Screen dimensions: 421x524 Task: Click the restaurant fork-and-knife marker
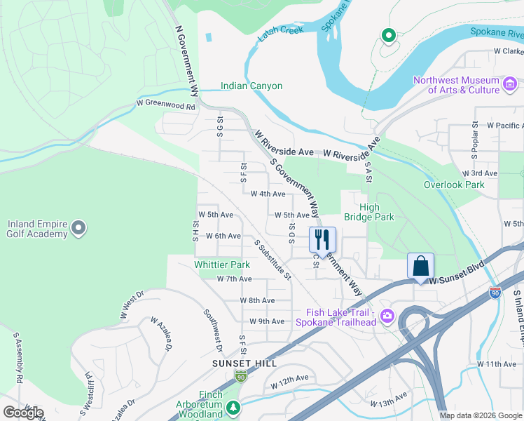click(x=322, y=239)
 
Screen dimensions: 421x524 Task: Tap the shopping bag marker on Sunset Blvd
click(x=420, y=266)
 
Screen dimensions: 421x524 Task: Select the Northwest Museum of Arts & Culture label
click(x=456, y=85)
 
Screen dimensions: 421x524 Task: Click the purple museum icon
click(x=510, y=86)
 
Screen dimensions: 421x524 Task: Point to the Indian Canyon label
click(x=251, y=86)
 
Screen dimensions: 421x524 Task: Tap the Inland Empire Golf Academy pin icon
click(x=78, y=227)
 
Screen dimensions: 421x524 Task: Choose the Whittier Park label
click(x=222, y=265)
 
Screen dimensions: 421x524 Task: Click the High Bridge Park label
click(x=369, y=212)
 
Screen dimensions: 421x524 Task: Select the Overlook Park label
click(x=454, y=185)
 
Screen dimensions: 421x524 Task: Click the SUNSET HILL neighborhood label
click(x=244, y=363)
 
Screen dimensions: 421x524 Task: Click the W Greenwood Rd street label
click(x=166, y=106)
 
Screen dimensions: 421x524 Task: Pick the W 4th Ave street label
click(x=268, y=194)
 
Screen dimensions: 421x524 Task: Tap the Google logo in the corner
click(x=23, y=413)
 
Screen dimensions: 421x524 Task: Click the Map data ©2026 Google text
click(x=481, y=415)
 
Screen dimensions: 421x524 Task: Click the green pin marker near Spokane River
click(x=387, y=35)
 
